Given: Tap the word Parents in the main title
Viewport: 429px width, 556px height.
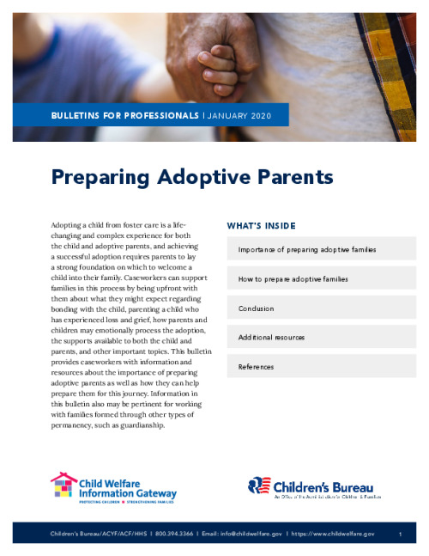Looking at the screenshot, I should (288, 177).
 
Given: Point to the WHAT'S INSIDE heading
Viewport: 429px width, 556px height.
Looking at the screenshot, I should (261, 226).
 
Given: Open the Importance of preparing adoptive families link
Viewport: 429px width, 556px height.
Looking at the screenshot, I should (307, 249).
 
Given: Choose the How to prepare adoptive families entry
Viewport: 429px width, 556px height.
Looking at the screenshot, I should (293, 278).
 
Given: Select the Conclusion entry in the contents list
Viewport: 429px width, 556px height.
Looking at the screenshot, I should (256, 308).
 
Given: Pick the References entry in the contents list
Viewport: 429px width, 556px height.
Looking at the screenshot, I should (257, 366).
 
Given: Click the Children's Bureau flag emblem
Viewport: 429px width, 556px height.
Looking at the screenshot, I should (260, 486).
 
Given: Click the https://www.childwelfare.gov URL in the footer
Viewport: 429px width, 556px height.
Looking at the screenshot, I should (333, 534).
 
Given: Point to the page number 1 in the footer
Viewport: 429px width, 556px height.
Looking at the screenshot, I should (401, 534).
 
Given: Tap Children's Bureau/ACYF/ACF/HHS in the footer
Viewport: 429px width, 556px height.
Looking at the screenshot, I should (99, 534).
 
